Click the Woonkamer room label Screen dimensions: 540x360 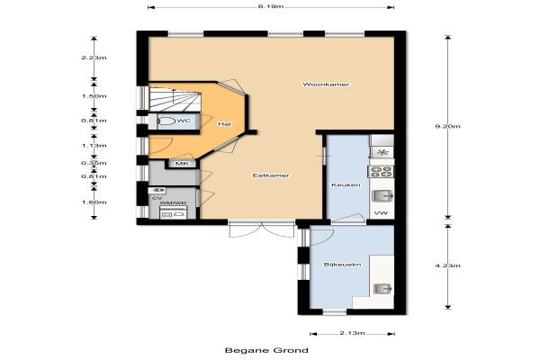(326, 84)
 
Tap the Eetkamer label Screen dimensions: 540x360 (271, 175)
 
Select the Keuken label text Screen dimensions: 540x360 (341, 185)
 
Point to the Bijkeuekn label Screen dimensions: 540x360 (342, 265)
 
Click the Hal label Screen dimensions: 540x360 (224, 124)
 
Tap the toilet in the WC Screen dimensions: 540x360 (166, 121)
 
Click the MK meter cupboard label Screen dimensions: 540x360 (182, 164)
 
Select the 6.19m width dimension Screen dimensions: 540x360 (271, 6)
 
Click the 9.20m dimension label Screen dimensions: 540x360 (447, 126)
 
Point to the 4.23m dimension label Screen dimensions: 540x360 (447, 265)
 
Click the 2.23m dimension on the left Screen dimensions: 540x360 (94, 58)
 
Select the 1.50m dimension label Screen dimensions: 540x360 (94, 96)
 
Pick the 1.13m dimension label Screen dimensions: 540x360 (94, 146)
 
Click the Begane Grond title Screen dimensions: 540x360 (266, 350)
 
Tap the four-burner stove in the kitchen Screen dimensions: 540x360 (381, 172)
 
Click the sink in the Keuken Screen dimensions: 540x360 (382, 196)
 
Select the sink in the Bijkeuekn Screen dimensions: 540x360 (382, 289)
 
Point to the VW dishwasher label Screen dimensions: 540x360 (381, 213)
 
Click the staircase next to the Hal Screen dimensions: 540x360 (175, 100)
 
